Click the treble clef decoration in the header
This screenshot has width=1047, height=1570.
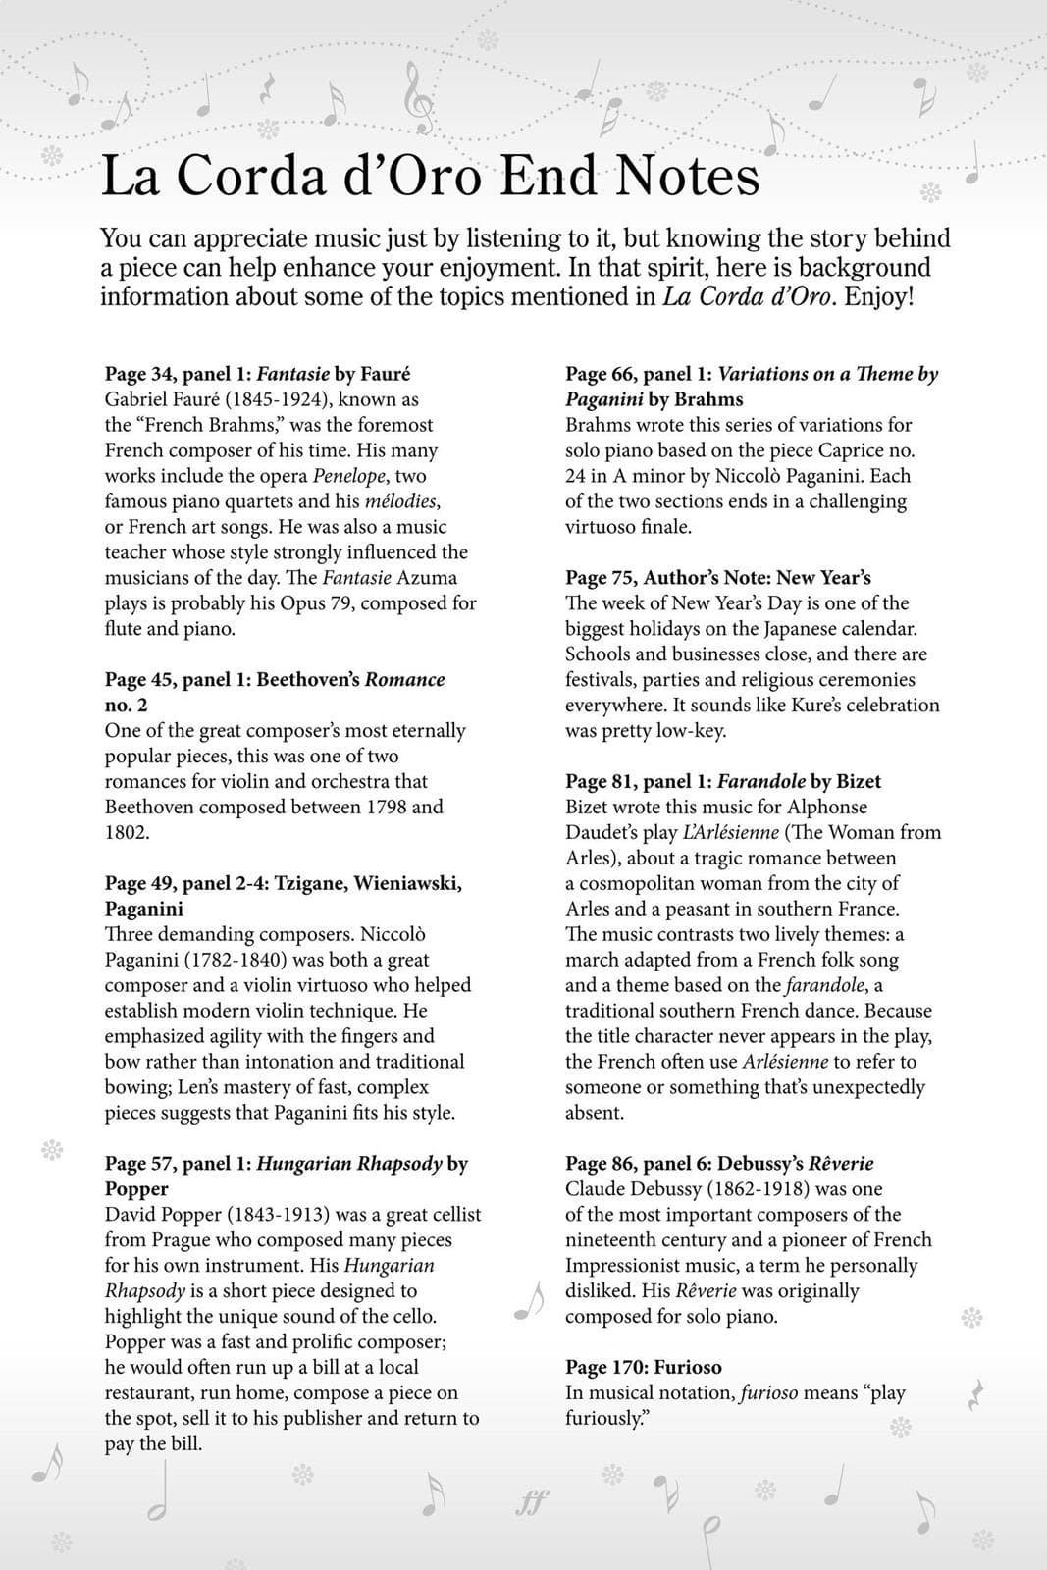[419, 98]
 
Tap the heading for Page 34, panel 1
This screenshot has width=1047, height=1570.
[257, 374]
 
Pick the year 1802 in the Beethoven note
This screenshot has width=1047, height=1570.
[127, 832]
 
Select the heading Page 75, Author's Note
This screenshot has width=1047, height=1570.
[717, 578]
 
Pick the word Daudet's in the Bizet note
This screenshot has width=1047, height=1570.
[601, 832]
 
